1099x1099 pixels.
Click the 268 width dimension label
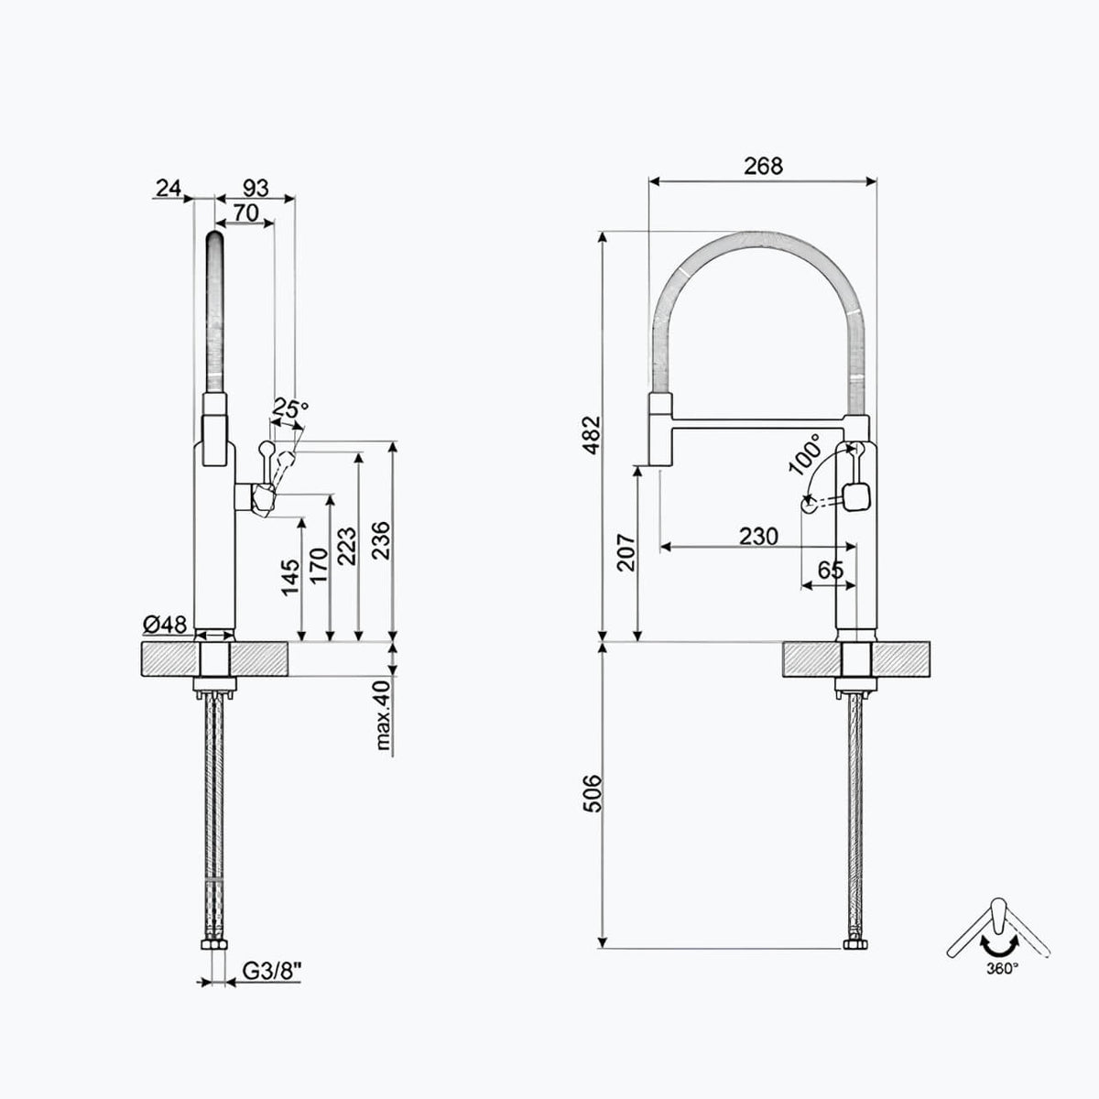tap(763, 166)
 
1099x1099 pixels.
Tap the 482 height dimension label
tap(592, 435)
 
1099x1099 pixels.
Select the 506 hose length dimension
tap(592, 793)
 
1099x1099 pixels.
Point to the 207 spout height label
tap(626, 552)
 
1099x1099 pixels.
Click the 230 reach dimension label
tap(758, 536)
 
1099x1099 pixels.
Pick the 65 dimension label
tap(830, 570)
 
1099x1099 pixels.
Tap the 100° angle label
tap(805, 454)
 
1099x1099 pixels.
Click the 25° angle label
tap(289, 408)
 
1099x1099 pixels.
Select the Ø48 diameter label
tap(165, 626)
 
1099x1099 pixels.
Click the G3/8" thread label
tap(271, 972)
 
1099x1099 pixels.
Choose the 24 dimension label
tap(169, 188)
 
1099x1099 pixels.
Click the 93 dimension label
tap(256, 188)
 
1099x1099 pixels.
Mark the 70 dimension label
tap(245, 212)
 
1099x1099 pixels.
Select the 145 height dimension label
tap(291, 578)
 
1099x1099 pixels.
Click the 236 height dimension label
tap(380, 540)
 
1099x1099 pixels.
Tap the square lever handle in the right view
tap(856, 495)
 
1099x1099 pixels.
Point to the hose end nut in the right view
tap(856, 944)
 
